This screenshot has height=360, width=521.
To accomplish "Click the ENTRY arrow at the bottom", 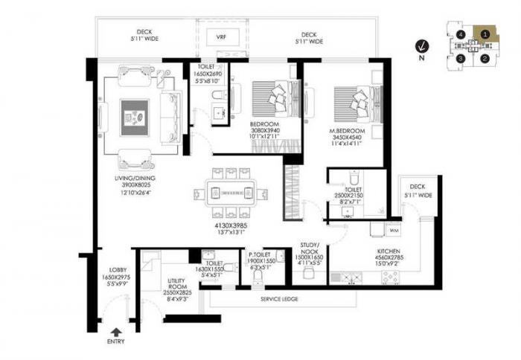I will [114, 332].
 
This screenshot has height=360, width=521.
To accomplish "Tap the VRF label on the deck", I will [221, 36].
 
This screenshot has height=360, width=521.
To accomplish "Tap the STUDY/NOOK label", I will [310, 248].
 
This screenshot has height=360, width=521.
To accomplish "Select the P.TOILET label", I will [261, 254].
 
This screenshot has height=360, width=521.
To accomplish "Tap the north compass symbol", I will [423, 46].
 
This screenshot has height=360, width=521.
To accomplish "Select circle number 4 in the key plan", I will [462, 35].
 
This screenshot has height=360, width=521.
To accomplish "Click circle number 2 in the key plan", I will [485, 59].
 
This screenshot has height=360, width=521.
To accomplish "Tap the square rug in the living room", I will [136, 116].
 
